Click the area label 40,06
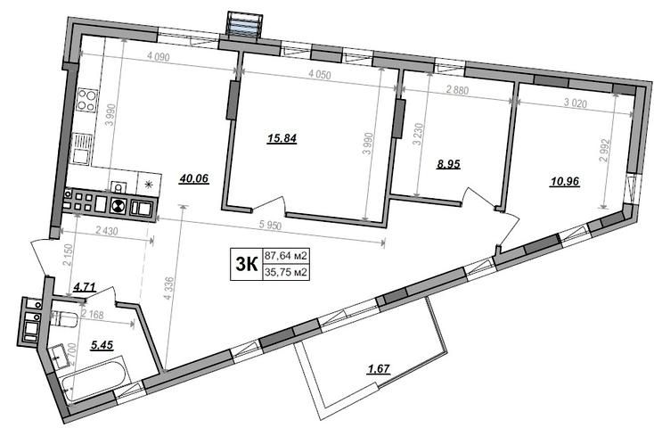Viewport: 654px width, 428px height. coord(194,178)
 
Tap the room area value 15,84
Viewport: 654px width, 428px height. coord(282,138)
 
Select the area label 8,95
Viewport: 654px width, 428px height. coord(448,164)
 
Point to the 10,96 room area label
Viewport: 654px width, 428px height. coord(565,182)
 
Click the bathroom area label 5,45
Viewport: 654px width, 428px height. coord(102,345)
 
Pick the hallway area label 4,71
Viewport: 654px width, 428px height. coord(85,287)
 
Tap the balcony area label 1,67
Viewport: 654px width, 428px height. coord(379,369)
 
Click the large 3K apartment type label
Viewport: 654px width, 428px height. coord(247,264)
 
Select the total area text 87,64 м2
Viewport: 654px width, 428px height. coord(286,255)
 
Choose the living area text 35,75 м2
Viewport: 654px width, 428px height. coord(286,272)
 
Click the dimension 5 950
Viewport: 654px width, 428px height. coord(270,226)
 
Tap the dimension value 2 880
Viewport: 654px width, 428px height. coord(457,90)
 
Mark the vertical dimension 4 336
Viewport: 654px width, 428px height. coord(168,288)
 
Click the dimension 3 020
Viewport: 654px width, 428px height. coord(576,103)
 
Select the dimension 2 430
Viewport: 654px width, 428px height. coord(107,230)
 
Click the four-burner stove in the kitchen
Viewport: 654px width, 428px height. coord(86,100)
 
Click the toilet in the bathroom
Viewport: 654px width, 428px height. coord(63,319)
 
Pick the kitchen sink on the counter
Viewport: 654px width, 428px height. coord(82,149)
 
